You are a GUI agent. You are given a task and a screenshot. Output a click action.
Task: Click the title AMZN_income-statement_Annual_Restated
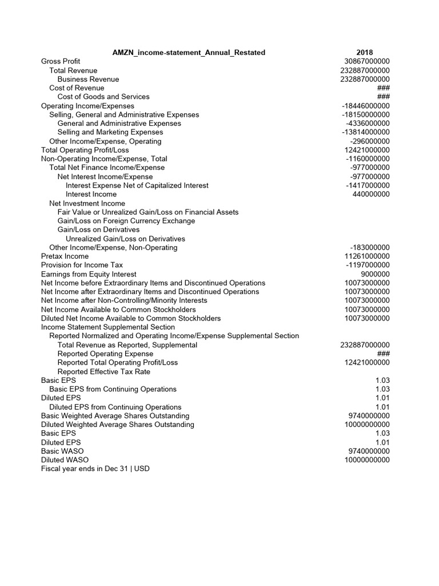189,53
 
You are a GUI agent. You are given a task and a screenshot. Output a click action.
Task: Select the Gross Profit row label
61,61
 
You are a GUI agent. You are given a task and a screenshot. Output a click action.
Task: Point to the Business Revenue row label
88,79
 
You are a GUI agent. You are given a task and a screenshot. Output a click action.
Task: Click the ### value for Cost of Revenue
383,88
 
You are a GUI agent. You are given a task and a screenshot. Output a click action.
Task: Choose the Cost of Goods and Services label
103,97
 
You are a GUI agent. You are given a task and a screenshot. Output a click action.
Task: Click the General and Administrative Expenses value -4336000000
368,124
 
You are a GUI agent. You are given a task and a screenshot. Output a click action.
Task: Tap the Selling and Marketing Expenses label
110,132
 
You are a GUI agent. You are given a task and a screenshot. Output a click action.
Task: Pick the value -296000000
370,141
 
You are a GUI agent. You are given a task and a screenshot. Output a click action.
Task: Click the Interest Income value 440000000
371,195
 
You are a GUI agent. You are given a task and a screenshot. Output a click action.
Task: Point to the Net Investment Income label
87,203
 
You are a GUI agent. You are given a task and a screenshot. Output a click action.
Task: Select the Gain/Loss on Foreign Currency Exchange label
126,221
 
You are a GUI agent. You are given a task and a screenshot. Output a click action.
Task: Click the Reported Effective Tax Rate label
104,371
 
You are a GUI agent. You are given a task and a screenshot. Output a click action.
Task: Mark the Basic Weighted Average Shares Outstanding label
115,416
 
